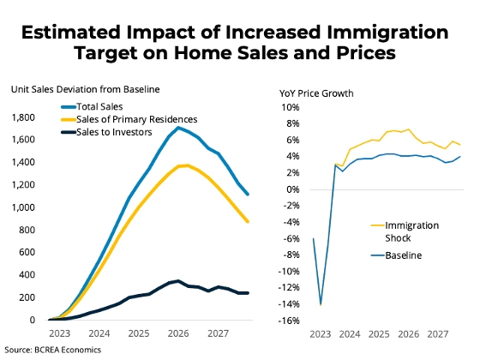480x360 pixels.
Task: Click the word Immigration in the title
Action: coord(387,33)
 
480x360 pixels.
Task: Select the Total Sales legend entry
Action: coord(92,106)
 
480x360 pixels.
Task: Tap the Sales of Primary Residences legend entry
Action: coord(129,119)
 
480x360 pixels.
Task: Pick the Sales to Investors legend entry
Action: coord(106,132)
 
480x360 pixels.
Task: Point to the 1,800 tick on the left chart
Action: coord(23,117)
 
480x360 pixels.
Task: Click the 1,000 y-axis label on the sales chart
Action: coord(23,207)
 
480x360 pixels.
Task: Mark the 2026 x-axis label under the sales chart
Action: coord(178,333)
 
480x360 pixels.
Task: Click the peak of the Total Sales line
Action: coord(178,128)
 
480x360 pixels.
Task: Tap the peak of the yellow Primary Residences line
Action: coord(187,165)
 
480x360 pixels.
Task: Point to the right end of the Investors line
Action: coord(248,293)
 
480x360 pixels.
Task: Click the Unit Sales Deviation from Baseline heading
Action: coord(86,89)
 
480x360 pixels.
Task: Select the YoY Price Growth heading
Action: coord(316,93)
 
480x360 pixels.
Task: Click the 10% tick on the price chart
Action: coord(291,107)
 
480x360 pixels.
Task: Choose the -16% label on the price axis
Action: coord(289,321)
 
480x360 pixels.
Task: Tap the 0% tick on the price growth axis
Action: coord(293,189)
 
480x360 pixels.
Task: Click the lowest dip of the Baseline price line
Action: coord(321,304)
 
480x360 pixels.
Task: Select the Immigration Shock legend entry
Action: coord(405,231)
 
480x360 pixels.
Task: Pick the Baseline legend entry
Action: coord(396,255)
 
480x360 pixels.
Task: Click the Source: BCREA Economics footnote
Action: coord(52,350)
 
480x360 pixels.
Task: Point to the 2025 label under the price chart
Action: coord(379,334)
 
